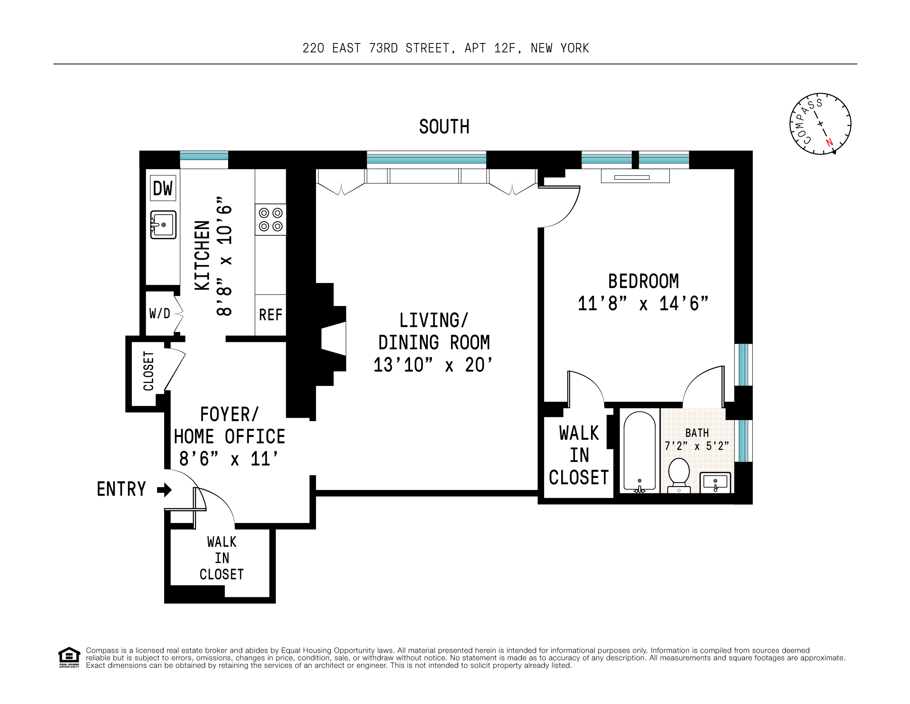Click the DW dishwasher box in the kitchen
(163, 188)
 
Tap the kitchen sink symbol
(163, 225)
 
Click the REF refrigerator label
(271, 315)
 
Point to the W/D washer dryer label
(160, 313)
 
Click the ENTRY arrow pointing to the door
(165, 490)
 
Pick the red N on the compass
(829, 142)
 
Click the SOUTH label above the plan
(444, 127)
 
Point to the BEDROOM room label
(643, 281)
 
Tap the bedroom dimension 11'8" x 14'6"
(643, 303)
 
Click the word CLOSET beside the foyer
(148, 371)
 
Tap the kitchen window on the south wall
(204, 155)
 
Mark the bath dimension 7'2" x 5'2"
(697, 446)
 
